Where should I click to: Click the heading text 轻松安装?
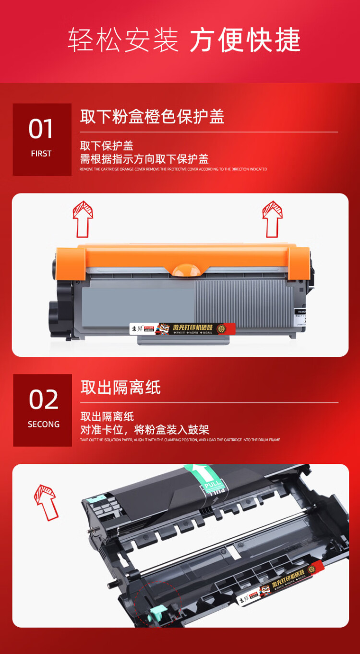123,40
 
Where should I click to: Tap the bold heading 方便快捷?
245,40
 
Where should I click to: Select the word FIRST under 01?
41,154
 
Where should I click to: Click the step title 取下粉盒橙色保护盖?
152,117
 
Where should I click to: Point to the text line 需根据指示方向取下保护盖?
144,159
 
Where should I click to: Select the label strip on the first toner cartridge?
183,329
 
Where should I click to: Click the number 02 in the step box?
43,400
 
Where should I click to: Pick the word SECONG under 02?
44,424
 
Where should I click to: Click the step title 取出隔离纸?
120,388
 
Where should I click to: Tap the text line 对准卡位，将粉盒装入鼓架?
144,430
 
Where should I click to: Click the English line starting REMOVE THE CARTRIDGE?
173,170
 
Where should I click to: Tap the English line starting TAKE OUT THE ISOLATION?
180,440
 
